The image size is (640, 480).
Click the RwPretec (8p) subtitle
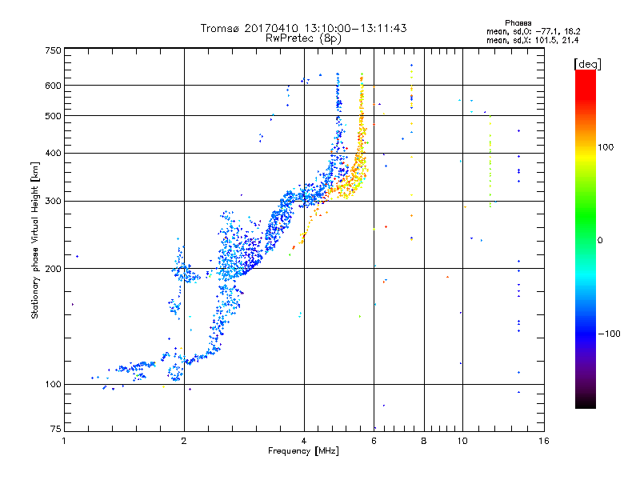tap(303, 38)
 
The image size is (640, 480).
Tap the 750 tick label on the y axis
tap(53, 50)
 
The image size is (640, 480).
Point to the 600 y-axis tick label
tap(53, 86)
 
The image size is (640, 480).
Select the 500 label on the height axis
tap(53, 116)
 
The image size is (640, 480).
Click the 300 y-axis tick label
tap(53, 201)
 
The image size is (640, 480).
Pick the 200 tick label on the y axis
tap(53, 269)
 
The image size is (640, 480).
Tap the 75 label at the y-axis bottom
tap(56, 429)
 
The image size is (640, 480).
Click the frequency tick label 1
tap(64, 441)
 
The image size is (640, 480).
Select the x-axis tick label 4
tap(304, 441)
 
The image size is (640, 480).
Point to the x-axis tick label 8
tap(424, 441)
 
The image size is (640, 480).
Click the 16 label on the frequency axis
tap(544, 441)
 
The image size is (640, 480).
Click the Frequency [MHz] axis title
tap(303, 451)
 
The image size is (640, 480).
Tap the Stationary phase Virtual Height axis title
tap(35, 240)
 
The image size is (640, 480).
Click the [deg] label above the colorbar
tap(587, 64)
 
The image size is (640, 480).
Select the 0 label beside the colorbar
tap(599, 240)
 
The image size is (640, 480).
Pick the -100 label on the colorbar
tap(609, 334)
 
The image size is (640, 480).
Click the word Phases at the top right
tap(518, 23)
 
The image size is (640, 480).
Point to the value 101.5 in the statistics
tap(545, 40)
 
